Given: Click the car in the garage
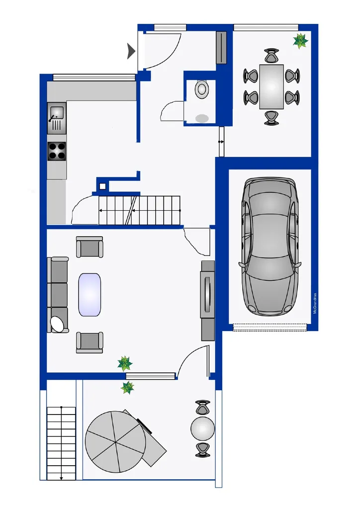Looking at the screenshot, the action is click(x=270, y=247).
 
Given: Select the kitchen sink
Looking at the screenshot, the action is click(x=57, y=118).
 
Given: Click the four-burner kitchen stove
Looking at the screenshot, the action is click(x=57, y=151).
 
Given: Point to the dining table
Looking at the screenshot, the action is click(x=271, y=86).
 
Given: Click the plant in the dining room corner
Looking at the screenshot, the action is click(x=300, y=41).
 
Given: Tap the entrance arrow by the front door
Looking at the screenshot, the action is click(x=131, y=51).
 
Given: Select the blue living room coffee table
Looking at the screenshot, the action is click(x=90, y=295).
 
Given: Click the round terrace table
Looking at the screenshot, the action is click(x=203, y=428).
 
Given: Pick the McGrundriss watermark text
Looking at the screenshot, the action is click(x=315, y=303).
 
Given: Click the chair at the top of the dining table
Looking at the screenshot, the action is click(x=271, y=56).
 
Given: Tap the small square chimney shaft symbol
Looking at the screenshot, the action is click(x=102, y=186).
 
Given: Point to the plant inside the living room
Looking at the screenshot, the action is click(x=125, y=363).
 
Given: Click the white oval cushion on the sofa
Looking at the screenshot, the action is click(x=58, y=324).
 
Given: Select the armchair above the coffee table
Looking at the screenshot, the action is click(x=90, y=247).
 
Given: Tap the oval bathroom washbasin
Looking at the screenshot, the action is click(x=202, y=118).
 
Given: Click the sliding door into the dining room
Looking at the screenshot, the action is click(x=221, y=142).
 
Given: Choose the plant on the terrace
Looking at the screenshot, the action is click(x=127, y=388).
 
